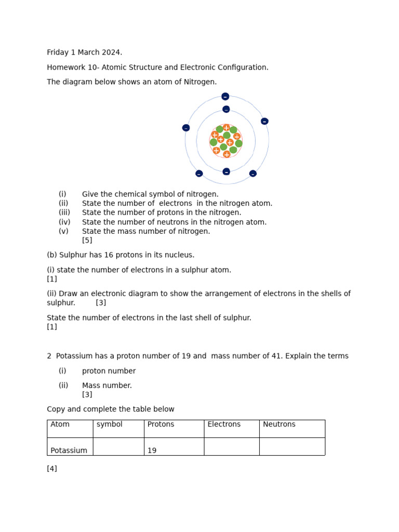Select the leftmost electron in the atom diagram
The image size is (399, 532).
tap(186, 128)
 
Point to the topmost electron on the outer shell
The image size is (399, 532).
tap(225, 97)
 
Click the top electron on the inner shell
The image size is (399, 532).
tap(226, 109)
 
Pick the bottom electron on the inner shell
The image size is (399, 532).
tap(226, 171)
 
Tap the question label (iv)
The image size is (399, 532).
tap(63, 222)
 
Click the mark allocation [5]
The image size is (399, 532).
tap(87, 241)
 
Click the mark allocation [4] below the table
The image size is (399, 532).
tap(52, 469)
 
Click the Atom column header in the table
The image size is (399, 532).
tap(60, 424)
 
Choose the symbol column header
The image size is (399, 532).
tap(110, 424)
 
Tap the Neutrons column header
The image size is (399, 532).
tap(279, 424)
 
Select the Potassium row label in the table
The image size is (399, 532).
tap(69, 450)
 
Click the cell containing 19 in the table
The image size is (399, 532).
tap(152, 450)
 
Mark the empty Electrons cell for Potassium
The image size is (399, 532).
tap(231, 447)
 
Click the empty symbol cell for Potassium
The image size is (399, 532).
tap(118, 447)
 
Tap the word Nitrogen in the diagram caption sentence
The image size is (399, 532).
tap(200, 82)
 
